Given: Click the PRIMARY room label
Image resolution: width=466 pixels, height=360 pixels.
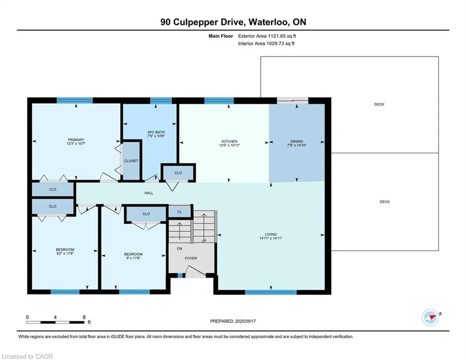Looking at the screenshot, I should (75, 140).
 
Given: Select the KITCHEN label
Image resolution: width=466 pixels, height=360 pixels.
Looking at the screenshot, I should (229, 141).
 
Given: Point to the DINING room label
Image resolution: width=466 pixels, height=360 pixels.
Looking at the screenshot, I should (296, 141).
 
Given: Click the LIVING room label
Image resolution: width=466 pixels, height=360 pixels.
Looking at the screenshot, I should (270, 234).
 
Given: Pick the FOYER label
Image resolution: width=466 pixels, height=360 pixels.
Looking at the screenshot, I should (191, 258).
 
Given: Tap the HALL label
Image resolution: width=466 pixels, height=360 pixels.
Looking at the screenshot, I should (148, 193).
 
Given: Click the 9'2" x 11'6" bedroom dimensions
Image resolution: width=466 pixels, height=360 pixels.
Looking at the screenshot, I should (65, 254).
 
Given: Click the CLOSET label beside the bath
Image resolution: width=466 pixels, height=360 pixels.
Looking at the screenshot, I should (131, 161).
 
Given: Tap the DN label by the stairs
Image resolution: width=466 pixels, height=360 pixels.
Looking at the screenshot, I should (179, 249).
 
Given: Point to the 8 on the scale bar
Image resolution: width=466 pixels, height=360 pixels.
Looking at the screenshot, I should (84, 317).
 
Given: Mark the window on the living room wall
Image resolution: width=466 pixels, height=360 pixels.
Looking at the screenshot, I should (271, 292).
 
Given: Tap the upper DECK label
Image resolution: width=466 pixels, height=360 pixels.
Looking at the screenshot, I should (379, 104).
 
